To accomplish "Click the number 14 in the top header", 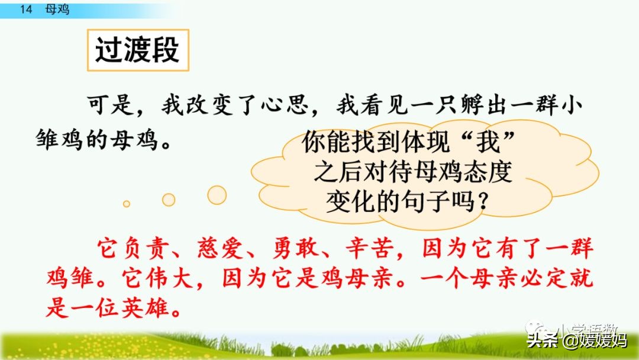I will pos(25,9).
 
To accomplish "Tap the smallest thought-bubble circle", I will pos(126,204).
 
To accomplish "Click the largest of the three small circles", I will pos(217,195).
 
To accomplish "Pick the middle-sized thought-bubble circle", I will pos(169,200).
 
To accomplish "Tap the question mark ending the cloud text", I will pos(483,203).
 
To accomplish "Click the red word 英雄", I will pos(157,307).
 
